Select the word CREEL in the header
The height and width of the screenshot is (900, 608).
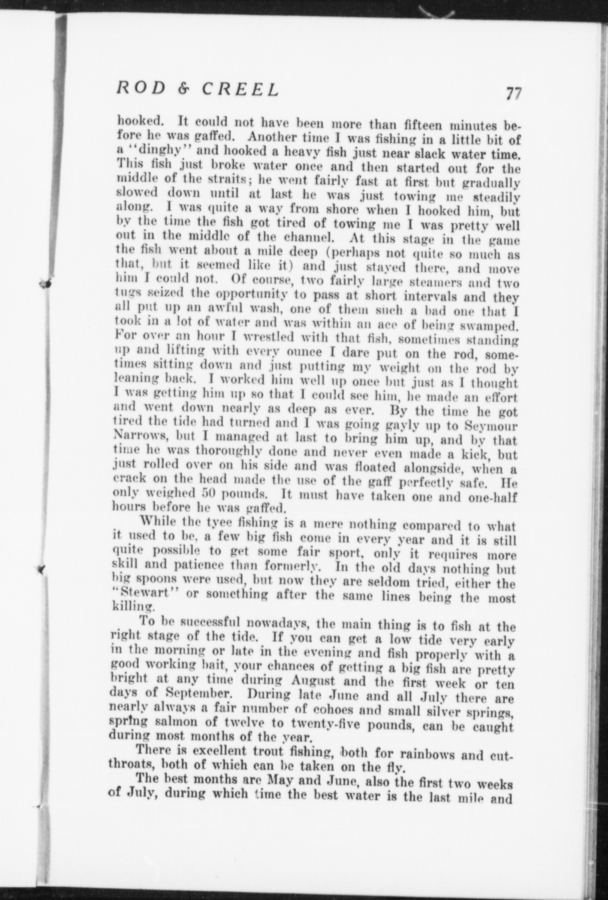tap(240, 89)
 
